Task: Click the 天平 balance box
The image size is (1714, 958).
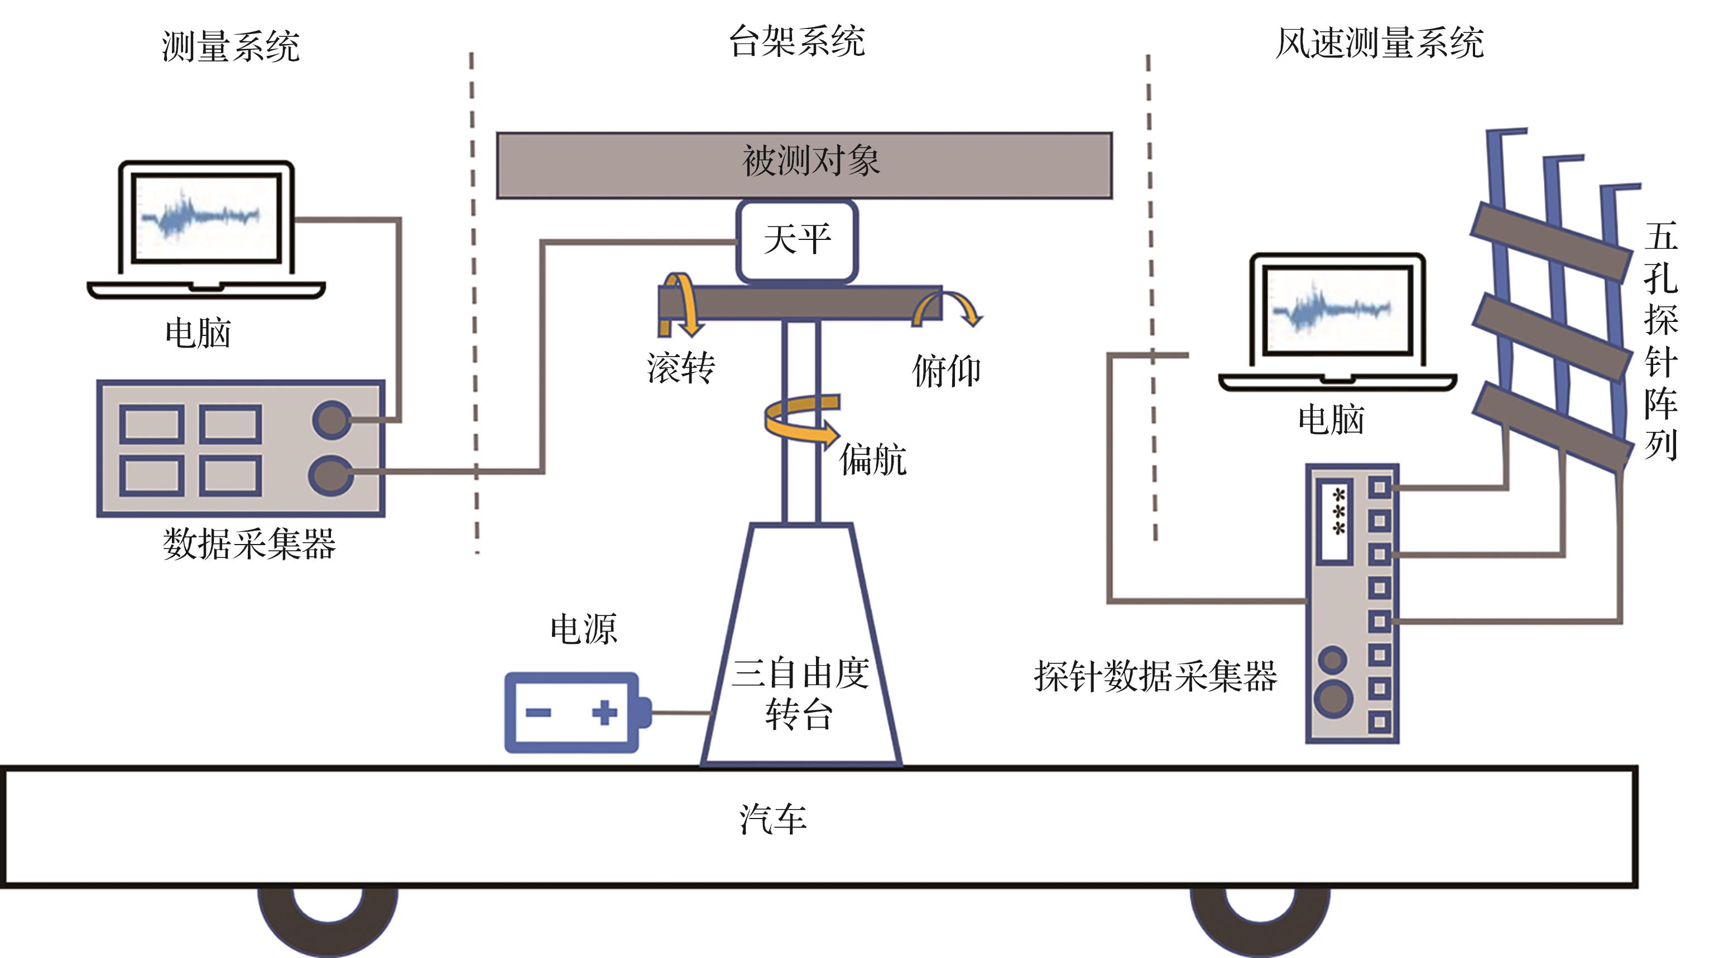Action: click(796, 241)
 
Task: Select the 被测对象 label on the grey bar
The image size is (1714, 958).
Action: click(811, 161)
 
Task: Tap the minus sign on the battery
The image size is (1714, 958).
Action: click(537, 713)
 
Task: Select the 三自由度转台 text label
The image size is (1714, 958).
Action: click(800, 694)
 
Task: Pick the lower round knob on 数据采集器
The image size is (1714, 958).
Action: click(331, 474)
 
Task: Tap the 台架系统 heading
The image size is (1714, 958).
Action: click(797, 41)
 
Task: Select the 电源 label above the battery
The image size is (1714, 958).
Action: click(584, 629)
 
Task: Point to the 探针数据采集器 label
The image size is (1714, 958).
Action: click(1156, 677)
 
